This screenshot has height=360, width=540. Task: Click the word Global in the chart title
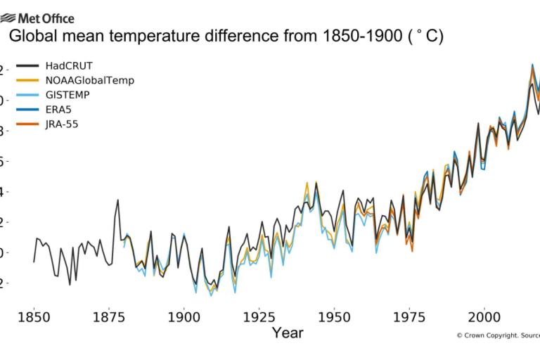36,37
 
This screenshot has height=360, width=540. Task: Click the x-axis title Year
288,332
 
